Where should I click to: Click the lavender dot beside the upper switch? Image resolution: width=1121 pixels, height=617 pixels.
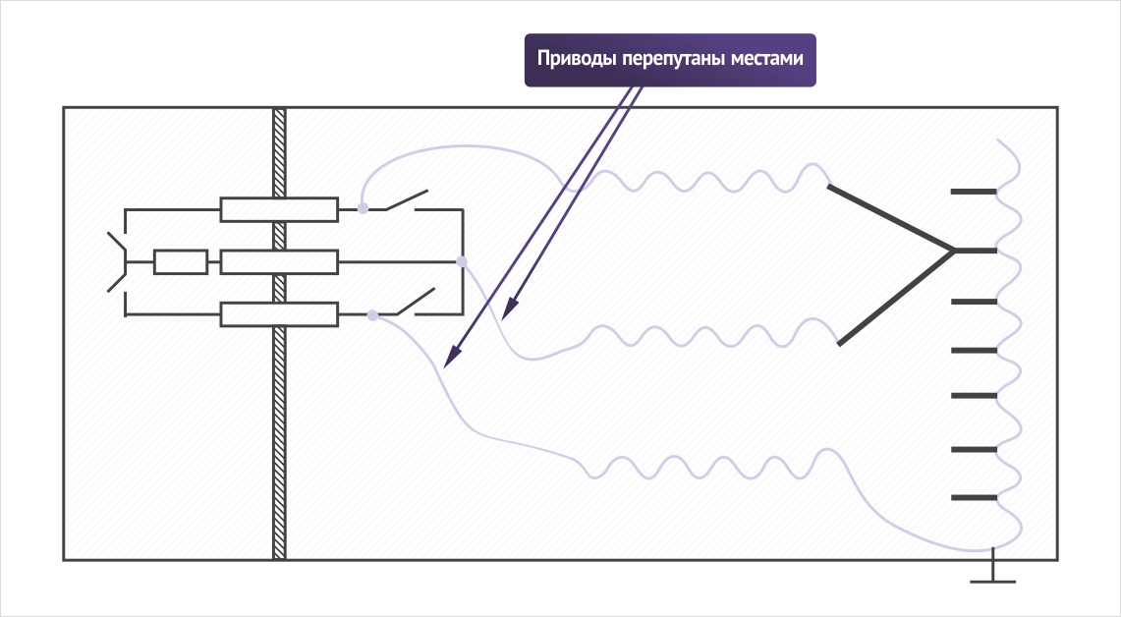pyautogui.click(x=364, y=208)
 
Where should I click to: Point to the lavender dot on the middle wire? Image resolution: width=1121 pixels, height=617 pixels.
pyautogui.click(x=462, y=261)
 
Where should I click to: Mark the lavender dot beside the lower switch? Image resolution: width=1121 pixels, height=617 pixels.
pyautogui.click(x=372, y=314)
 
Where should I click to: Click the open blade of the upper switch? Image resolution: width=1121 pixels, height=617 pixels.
pyautogui.click(x=407, y=199)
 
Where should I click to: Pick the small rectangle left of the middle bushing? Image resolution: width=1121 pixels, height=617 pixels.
pyautogui.click(x=181, y=261)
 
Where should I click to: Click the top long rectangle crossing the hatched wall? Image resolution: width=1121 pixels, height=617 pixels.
pyautogui.click(x=279, y=209)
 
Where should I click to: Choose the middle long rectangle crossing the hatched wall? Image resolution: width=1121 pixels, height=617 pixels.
pyautogui.click(x=279, y=261)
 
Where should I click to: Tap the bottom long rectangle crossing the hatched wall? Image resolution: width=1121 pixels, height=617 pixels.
pyautogui.click(x=279, y=314)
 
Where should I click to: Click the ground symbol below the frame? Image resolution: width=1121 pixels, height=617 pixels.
pyautogui.click(x=993, y=571)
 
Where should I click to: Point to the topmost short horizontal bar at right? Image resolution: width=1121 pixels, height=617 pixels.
pyautogui.click(x=973, y=192)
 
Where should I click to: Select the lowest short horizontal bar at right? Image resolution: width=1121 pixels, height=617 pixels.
pyautogui.click(x=974, y=497)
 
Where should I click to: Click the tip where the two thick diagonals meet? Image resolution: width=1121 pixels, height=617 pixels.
pyautogui.click(x=954, y=251)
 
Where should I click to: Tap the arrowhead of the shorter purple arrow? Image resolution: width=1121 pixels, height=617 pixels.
pyautogui.click(x=509, y=308)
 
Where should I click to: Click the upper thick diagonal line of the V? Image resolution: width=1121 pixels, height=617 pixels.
pyautogui.click(x=891, y=218)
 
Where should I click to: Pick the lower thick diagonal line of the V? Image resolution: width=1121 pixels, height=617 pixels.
pyautogui.click(x=896, y=298)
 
